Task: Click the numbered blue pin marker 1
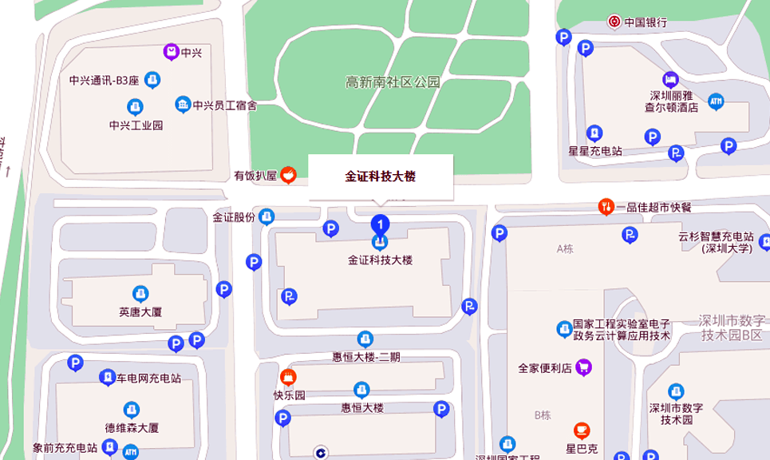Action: click(x=381, y=224)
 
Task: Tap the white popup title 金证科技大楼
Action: click(x=381, y=176)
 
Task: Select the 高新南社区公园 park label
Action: click(x=393, y=81)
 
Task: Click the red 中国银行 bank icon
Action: click(x=614, y=22)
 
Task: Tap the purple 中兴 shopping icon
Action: click(x=171, y=53)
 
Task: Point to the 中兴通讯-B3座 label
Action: click(x=104, y=80)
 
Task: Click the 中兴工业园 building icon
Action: click(x=135, y=107)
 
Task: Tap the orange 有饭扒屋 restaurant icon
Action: click(x=289, y=175)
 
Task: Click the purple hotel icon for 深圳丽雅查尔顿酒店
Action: click(x=670, y=79)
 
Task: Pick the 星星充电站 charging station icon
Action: click(x=594, y=133)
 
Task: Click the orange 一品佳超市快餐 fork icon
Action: click(x=606, y=207)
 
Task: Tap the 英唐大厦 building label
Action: click(x=140, y=311)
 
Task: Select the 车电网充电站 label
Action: click(x=149, y=378)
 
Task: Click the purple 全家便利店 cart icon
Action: click(x=584, y=367)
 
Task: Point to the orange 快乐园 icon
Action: click(x=289, y=377)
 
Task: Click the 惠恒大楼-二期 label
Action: click(x=365, y=357)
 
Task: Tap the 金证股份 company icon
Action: click(x=267, y=216)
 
